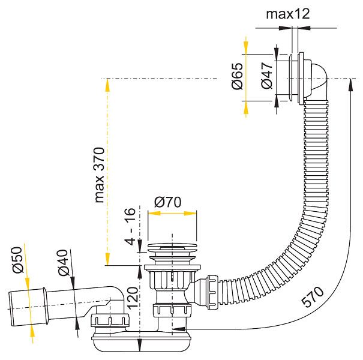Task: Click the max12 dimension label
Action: tap(288, 14)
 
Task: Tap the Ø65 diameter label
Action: tap(238, 76)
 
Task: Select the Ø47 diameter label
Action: tap(267, 76)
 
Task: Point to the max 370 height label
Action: tap(100, 175)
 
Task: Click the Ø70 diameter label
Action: tap(168, 202)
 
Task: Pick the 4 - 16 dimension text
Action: tap(130, 226)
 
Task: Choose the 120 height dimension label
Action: tap(133, 298)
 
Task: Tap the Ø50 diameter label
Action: tap(17, 260)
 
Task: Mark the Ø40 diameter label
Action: tap(64, 263)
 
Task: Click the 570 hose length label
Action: tap(312, 297)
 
